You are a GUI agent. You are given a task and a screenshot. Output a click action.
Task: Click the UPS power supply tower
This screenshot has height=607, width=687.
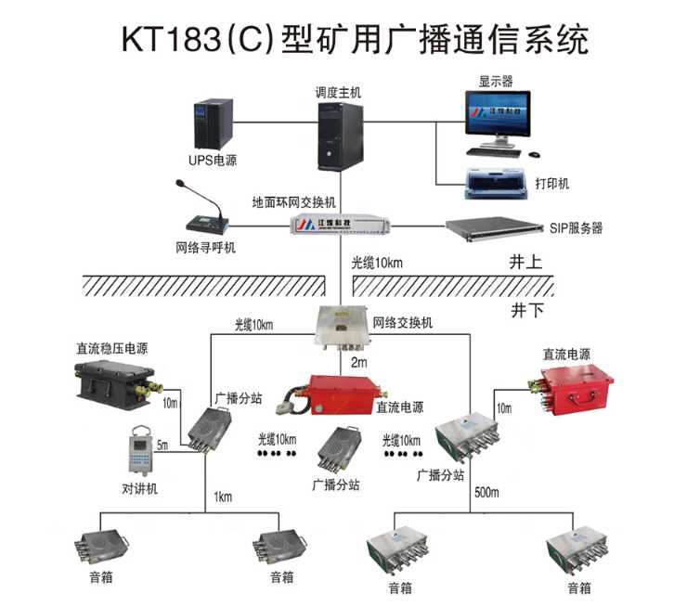click(214, 124)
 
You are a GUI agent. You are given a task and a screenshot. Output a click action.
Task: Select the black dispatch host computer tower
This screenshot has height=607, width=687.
click(341, 136)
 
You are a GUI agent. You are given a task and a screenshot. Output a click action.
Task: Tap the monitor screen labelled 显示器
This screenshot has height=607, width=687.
click(498, 113)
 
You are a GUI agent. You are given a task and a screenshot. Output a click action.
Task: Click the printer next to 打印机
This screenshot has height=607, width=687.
click(497, 183)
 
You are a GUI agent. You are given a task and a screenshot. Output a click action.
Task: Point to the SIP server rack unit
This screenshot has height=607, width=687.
click(495, 228)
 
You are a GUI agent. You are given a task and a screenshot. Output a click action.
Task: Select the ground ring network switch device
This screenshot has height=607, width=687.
click(341, 224)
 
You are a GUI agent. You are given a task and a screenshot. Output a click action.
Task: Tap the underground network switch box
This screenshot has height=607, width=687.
click(343, 328)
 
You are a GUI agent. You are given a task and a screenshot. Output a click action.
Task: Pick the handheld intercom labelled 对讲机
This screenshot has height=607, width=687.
click(140, 450)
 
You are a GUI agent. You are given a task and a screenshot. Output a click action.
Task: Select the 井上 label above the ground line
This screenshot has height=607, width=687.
click(525, 263)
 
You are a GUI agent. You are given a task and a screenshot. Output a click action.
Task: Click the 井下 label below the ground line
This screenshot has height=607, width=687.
click(527, 310)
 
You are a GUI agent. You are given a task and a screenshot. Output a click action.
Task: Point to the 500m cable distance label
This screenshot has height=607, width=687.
click(486, 493)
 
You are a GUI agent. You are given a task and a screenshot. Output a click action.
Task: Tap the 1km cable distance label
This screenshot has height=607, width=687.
click(223, 497)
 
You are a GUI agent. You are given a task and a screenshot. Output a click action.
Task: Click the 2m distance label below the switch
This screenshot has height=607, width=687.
click(359, 362)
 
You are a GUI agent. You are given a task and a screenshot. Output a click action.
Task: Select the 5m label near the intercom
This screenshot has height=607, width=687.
click(162, 445)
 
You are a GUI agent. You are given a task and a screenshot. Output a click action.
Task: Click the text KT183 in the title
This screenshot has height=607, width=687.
click(172, 39)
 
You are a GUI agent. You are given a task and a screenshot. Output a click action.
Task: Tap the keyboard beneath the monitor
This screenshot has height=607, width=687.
click(493, 152)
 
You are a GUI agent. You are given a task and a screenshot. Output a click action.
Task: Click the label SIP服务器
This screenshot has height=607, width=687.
click(576, 228)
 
